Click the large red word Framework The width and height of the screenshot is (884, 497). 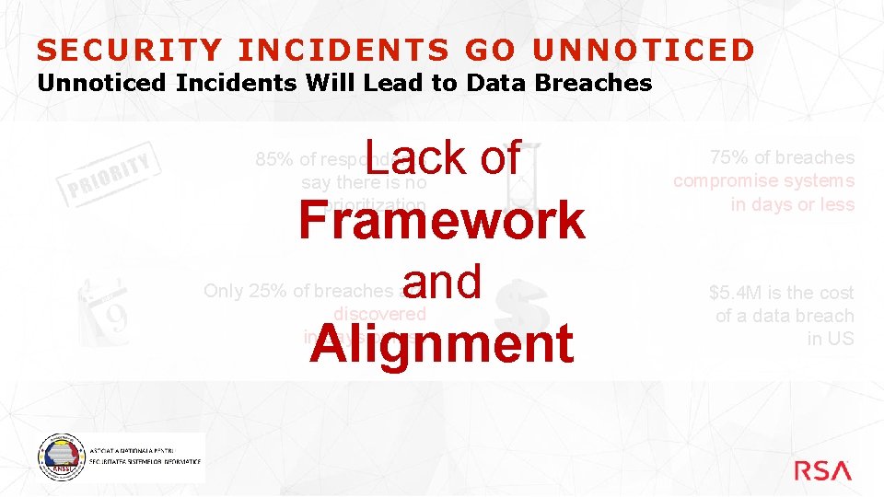[441, 220]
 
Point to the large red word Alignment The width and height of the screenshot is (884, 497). [441, 343]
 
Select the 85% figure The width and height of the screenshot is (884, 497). [273, 159]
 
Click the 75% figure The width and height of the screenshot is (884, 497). [727, 157]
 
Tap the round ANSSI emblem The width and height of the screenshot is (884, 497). [60, 457]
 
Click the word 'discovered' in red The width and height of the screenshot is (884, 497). [379, 314]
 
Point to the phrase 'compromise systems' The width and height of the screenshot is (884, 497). [763, 180]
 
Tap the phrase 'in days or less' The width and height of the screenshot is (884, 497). [792, 204]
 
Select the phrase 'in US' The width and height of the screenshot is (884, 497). [831, 339]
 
